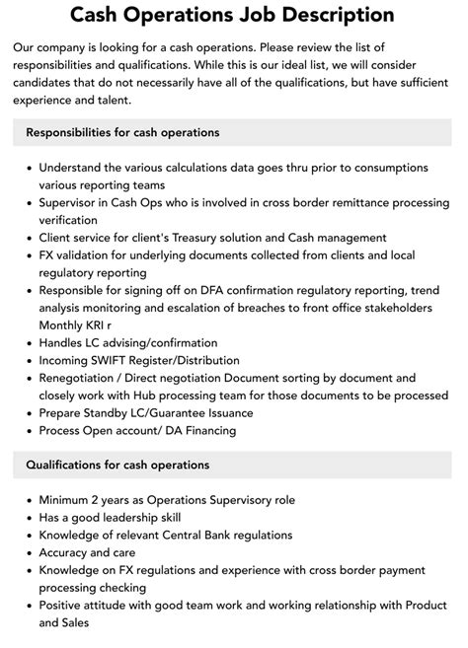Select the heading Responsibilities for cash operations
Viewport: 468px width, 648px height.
122,132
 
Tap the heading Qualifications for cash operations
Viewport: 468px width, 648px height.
117,465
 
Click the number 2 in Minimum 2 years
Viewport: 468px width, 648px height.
100,499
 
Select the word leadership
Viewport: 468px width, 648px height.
135,517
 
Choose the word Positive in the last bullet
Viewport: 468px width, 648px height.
63,606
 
